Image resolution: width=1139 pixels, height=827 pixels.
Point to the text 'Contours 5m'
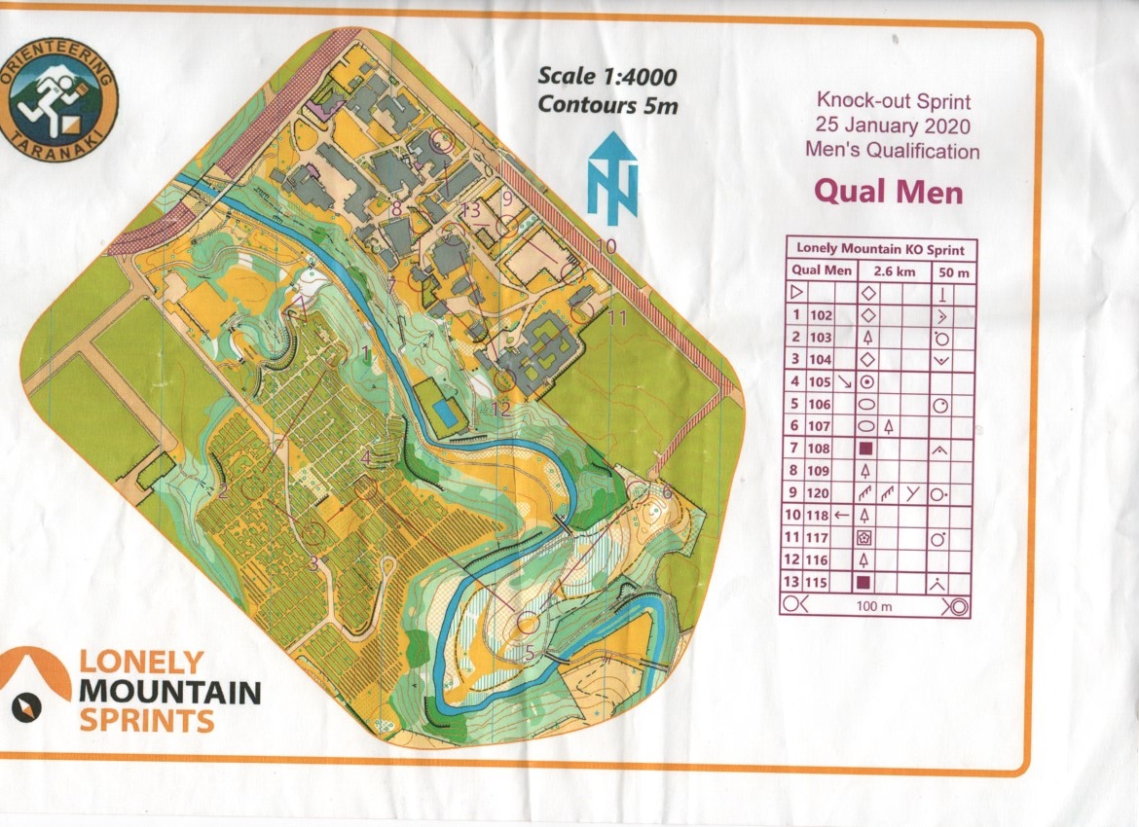[608, 105]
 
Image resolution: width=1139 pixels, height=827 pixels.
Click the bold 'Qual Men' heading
[888, 190]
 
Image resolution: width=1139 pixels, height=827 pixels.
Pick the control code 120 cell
[821, 493]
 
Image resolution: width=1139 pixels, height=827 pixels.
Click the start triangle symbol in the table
[795, 292]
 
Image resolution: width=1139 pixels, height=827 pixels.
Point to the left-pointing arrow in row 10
[843, 515]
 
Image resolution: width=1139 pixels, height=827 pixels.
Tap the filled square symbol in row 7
[866, 449]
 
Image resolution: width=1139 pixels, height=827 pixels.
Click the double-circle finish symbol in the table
[956, 606]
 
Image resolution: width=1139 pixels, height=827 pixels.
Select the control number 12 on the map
[500, 410]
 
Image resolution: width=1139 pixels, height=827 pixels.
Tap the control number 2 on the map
[223, 490]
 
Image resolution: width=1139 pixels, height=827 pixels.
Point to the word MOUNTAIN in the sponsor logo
[170, 693]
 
